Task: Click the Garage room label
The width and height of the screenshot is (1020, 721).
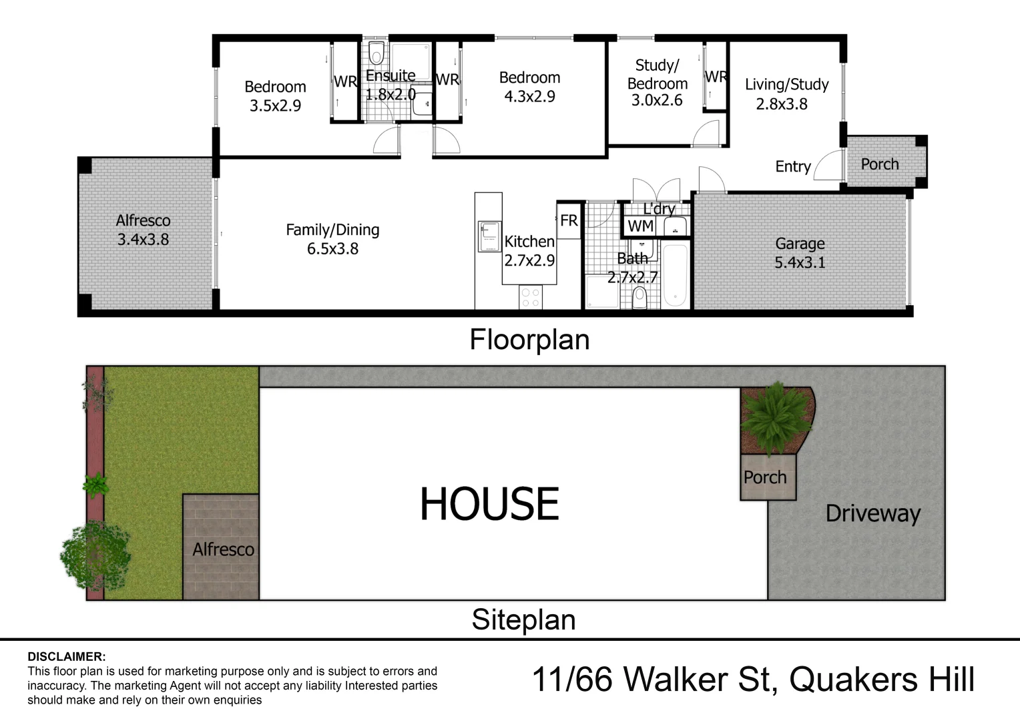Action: tap(800, 253)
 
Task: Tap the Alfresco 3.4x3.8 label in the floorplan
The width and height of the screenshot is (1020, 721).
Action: tap(143, 230)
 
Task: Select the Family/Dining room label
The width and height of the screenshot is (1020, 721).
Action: tap(332, 239)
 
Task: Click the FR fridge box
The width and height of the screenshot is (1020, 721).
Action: tap(569, 220)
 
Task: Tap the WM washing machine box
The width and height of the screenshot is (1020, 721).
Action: tap(640, 226)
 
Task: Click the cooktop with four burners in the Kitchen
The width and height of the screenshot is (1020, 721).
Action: tap(531, 297)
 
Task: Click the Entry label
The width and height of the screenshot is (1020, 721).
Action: tap(793, 166)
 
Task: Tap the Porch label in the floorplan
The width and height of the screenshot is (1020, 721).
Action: tap(879, 164)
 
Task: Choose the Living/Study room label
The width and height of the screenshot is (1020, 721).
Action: tap(786, 94)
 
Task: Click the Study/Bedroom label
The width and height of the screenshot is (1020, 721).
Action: tap(657, 83)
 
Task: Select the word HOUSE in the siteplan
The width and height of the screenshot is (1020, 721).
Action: tap(489, 504)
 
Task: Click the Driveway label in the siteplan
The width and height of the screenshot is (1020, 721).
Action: tap(872, 513)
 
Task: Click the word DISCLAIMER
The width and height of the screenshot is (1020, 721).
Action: tap(67, 657)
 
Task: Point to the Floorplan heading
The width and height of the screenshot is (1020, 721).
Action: tap(529, 340)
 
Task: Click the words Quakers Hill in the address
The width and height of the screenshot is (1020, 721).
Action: tap(882, 680)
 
